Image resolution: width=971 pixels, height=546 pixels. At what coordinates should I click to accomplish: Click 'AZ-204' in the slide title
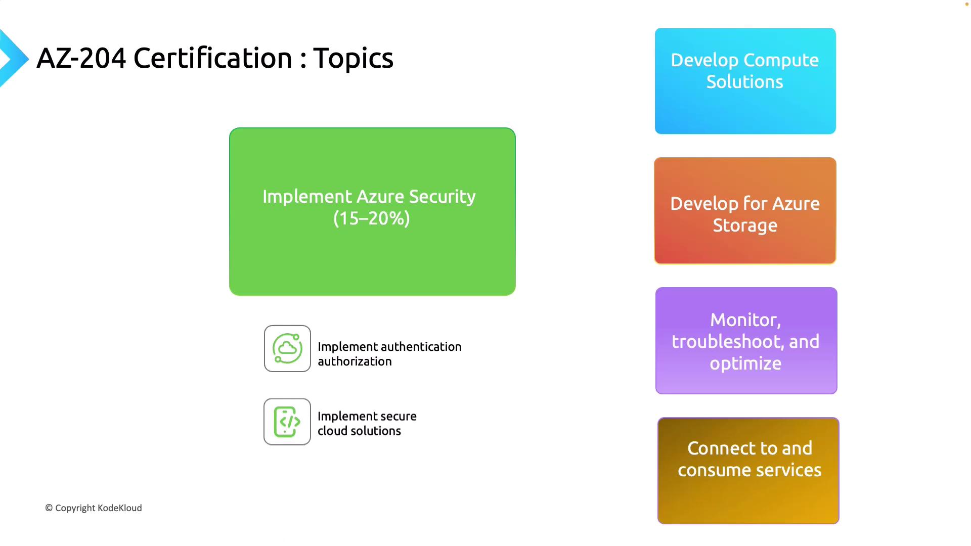tap(81, 58)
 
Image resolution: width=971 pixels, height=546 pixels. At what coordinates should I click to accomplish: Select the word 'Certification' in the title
tap(213, 58)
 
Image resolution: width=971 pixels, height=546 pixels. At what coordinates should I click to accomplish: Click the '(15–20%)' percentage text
tap(372, 218)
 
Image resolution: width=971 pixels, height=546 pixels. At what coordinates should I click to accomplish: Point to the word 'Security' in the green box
tap(442, 197)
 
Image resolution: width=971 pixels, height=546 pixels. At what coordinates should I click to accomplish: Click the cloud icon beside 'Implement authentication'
tap(287, 348)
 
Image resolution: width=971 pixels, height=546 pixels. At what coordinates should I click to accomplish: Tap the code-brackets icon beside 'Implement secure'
tap(287, 422)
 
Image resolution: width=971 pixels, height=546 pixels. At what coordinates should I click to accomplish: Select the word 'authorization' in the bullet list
tap(355, 361)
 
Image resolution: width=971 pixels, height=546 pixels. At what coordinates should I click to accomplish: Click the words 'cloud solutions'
tap(359, 431)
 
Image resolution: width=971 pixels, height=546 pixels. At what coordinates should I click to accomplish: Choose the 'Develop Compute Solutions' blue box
tap(745, 81)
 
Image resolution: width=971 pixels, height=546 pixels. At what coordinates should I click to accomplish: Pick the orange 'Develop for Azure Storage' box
tap(745, 211)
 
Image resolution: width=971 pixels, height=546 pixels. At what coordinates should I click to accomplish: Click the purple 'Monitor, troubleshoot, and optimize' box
tap(746, 341)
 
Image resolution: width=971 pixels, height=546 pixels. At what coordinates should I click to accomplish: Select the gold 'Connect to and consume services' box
tap(748, 471)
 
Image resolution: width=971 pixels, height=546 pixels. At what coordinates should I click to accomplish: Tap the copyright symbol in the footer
tap(49, 508)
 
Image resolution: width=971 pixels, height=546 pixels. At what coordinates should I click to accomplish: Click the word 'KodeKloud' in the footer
tap(120, 508)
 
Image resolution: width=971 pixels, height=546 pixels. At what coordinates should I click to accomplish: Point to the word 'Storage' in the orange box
tap(745, 226)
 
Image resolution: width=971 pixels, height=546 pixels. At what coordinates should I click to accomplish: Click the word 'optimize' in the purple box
tap(745, 364)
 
